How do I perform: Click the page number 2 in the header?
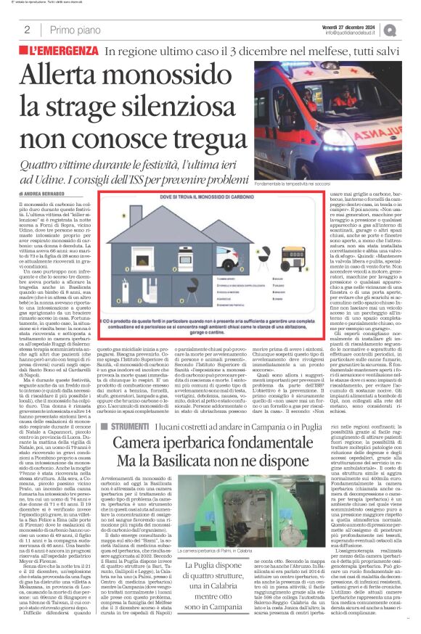[27, 30]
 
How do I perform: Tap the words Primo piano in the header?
[74, 30]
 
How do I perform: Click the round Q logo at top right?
[410, 29]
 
